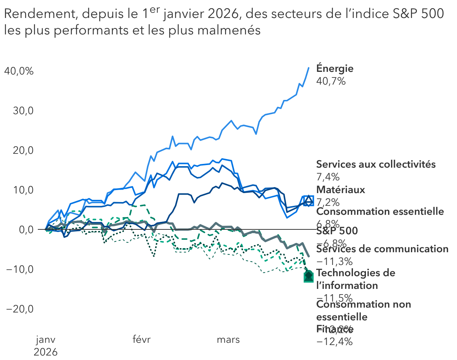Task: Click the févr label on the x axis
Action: (142, 340)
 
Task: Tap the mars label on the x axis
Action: (228, 340)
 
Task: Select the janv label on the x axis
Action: (46, 340)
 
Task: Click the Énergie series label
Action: (335, 68)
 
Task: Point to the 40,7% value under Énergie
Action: (331, 81)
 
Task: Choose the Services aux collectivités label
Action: (376, 164)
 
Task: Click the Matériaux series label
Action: (340, 190)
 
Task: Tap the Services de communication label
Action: (382, 249)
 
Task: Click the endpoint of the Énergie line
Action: (309, 68)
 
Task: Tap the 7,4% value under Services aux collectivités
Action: (328, 177)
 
